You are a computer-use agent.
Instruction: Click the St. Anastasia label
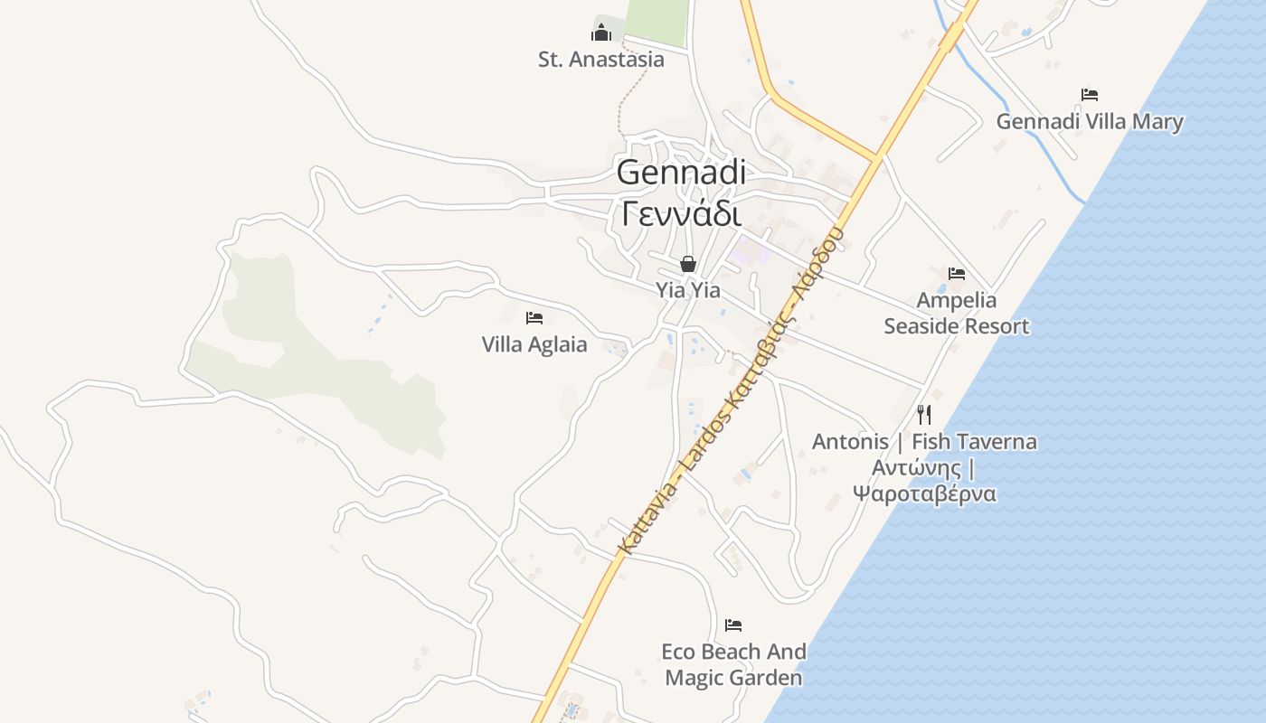[600, 60]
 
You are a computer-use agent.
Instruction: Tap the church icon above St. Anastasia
[601, 34]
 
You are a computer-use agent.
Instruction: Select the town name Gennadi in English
[682, 172]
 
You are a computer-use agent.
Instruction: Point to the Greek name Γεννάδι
[682, 213]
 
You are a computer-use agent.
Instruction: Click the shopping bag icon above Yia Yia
[688, 264]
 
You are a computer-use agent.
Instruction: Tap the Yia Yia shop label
[688, 290]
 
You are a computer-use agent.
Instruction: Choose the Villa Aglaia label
[534, 344]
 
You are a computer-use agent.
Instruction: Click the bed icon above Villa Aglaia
[534, 317]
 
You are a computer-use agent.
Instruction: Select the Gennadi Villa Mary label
[1090, 121]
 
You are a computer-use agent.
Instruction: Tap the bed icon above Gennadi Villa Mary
[1090, 94]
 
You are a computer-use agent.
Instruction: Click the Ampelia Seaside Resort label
[957, 313]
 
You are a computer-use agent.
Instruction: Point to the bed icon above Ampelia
[957, 273]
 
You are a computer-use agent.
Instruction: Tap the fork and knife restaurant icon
[924, 415]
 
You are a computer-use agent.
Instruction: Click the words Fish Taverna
[974, 442]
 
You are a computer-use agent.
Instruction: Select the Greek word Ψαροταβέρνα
[924, 493]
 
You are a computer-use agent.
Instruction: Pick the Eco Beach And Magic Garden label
[733, 664]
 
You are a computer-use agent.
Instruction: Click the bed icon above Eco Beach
[733, 624]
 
